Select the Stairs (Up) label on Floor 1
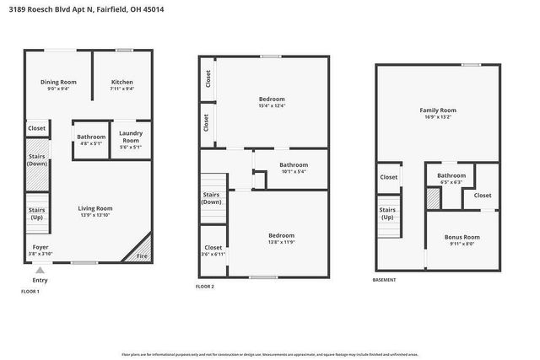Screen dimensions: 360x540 (x=36, y=213)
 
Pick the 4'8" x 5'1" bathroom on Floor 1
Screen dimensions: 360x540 (x=91, y=140)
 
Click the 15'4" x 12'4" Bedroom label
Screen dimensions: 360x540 (x=271, y=102)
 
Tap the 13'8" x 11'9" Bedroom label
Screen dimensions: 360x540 (x=281, y=239)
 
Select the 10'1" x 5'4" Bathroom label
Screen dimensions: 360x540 (x=294, y=168)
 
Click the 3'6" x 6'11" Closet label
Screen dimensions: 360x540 (x=213, y=250)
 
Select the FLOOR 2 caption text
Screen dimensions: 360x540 (x=204, y=287)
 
